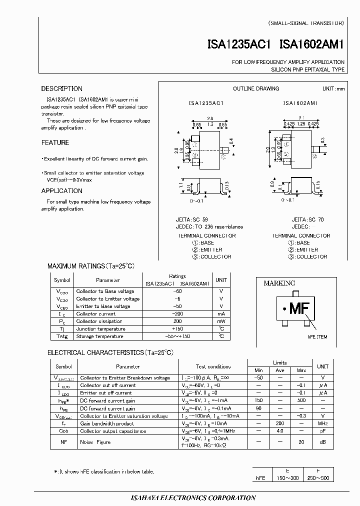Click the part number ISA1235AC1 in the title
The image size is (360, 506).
[x=238, y=44]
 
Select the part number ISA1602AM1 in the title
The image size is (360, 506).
[x=312, y=44]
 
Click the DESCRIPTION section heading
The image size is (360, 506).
[x=62, y=89]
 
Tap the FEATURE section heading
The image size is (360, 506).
[x=55, y=143]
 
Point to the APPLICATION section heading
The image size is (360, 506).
[x=61, y=191]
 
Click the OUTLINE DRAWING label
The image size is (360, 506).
[x=256, y=89]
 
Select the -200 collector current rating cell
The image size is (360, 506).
[x=177, y=314]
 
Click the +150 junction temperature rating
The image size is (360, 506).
[x=177, y=329]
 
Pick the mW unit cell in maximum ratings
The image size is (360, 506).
[x=221, y=321]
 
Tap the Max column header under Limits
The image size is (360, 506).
[x=301, y=370]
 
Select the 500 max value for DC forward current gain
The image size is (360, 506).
[x=301, y=401]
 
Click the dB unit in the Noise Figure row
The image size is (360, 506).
[x=323, y=442]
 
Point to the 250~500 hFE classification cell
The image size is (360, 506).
[x=317, y=478]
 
